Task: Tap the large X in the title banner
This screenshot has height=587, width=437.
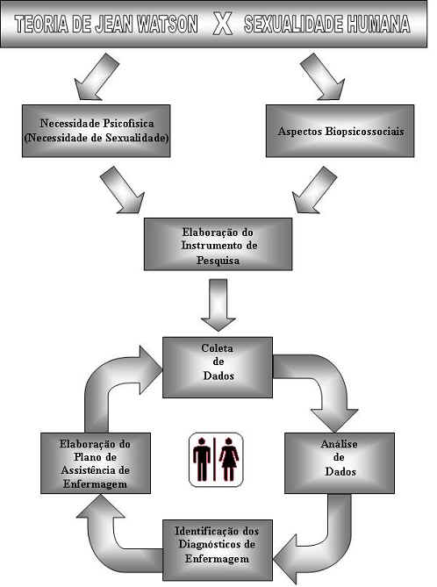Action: [x=222, y=25]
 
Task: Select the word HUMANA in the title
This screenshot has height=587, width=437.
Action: [x=378, y=25]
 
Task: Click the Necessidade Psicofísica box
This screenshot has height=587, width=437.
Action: [x=97, y=131]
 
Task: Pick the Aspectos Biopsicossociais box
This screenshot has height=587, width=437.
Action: [x=340, y=131]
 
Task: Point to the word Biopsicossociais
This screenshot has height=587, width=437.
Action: [x=364, y=132]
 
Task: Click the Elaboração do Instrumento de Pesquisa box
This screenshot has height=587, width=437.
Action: [x=218, y=244]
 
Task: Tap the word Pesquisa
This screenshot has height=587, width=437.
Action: [x=218, y=261]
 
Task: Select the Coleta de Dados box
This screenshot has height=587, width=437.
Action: [x=218, y=368]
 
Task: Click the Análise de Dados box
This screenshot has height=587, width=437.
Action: [x=340, y=463]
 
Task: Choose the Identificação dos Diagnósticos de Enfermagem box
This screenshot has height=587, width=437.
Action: [x=218, y=550]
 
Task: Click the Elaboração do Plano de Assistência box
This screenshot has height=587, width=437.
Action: [x=96, y=463]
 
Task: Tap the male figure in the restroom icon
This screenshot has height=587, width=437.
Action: [x=202, y=460]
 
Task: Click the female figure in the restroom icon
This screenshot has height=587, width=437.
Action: [x=228, y=460]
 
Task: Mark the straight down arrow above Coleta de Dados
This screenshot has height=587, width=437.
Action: [x=218, y=305]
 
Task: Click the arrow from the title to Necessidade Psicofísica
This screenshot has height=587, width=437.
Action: [x=97, y=76]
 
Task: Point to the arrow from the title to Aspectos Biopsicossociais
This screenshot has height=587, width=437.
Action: [x=322, y=76]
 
